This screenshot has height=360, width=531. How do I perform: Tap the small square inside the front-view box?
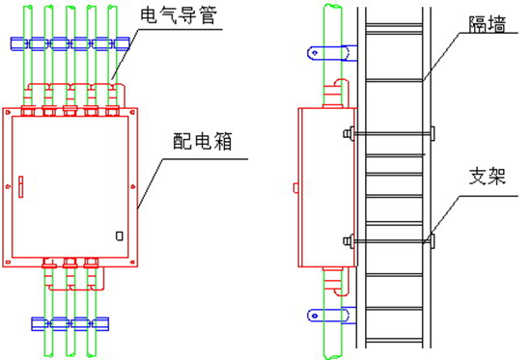point(119,235)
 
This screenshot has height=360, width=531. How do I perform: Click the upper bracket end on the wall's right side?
point(433,131)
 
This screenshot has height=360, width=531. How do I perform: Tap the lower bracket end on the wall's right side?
point(433,239)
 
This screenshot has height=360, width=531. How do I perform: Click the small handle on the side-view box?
point(294,182)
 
